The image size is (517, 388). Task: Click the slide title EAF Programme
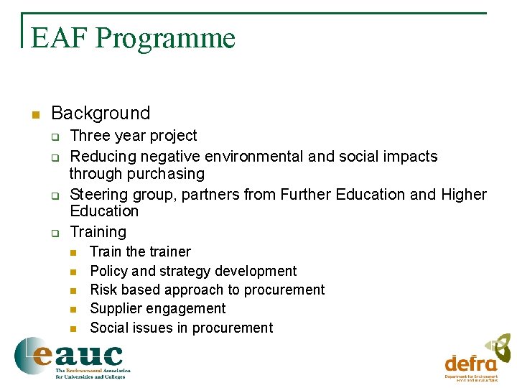(x=134, y=38)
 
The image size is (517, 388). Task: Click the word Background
(x=101, y=113)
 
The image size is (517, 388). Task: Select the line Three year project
(x=133, y=136)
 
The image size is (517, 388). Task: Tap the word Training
(x=98, y=231)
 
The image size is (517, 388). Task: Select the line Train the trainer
(x=140, y=251)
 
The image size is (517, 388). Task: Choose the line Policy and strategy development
(x=192, y=271)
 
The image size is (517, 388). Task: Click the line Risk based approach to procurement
(x=207, y=290)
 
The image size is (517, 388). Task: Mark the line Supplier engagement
(x=157, y=308)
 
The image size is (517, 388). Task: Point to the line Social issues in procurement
(x=181, y=328)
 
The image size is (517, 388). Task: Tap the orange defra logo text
(x=470, y=363)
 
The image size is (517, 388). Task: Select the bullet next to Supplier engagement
(x=73, y=310)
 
